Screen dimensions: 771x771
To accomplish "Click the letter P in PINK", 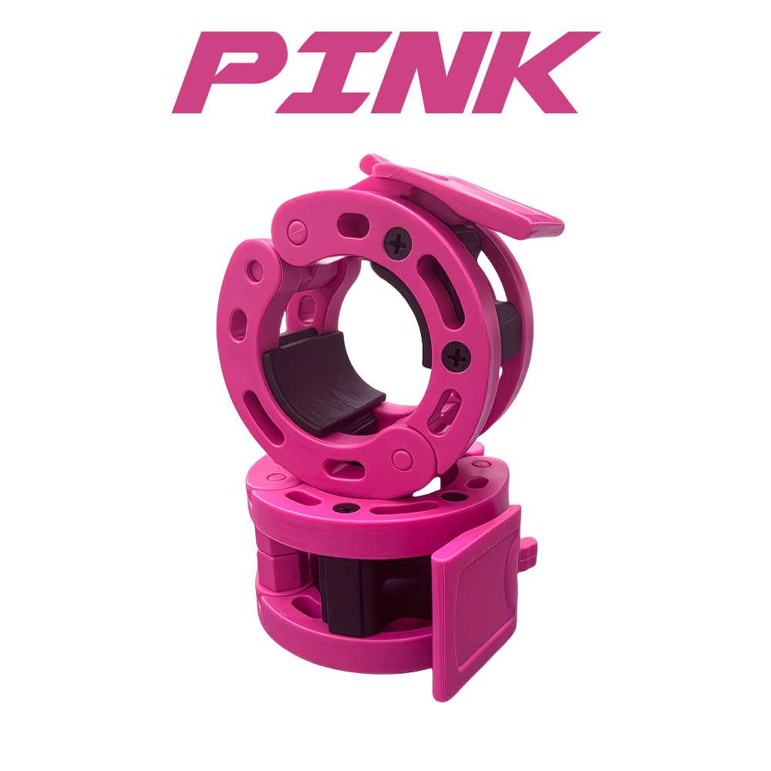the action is [231, 72].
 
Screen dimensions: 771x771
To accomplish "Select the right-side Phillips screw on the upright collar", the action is [456, 357].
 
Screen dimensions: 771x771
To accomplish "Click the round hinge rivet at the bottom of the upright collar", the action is [402, 460].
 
